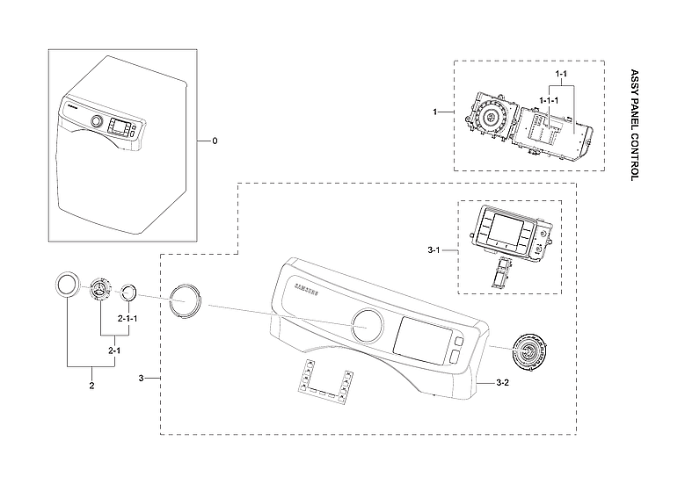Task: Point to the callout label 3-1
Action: tap(434, 250)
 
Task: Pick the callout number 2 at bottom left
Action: tap(91, 385)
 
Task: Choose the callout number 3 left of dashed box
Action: tap(142, 378)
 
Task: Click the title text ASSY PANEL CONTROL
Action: tap(635, 125)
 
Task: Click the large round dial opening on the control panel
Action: tap(368, 325)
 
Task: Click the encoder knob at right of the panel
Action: tap(531, 353)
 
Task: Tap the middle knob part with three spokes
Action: tap(101, 290)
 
